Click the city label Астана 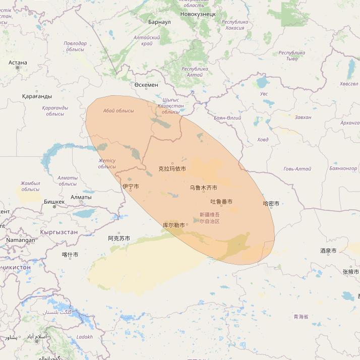click(18, 63)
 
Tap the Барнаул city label click(160, 22)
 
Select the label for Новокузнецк click(198, 14)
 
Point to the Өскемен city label click(146, 85)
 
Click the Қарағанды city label click(37, 96)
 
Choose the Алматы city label click(81, 197)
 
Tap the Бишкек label click(54, 202)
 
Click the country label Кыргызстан click(58, 232)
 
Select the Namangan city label click(21, 240)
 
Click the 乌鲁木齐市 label click(203, 188)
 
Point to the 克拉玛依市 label click(172, 169)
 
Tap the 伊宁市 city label click(130, 187)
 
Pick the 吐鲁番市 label click(221, 202)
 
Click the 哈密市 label click(271, 204)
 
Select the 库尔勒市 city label click(174, 225)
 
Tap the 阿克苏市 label click(119, 238)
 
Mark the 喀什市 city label click(70, 255)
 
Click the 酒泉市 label click(328, 251)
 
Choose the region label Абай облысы click(118, 111)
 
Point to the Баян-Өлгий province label click(227, 118)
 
